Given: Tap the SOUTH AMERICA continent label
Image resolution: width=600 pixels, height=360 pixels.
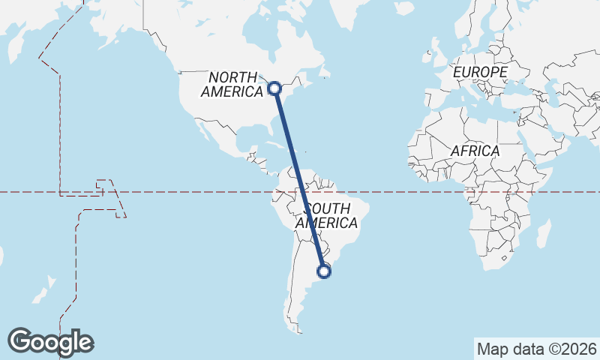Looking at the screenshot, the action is click(327, 215).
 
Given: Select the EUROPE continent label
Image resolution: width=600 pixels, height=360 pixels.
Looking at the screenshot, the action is click(481, 72).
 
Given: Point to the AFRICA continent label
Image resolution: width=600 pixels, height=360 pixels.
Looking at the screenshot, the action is click(475, 151).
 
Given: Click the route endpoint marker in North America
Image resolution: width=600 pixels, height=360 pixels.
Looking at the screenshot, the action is click(275, 88).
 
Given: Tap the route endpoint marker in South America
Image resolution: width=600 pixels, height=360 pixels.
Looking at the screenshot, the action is click(324, 271).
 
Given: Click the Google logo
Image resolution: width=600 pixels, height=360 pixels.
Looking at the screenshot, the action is click(50, 341).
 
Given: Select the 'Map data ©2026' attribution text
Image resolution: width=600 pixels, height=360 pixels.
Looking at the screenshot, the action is click(536, 349).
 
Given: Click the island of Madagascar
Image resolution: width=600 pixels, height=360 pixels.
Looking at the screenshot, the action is click(543, 233).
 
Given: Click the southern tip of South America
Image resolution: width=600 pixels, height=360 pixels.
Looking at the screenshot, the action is click(298, 329).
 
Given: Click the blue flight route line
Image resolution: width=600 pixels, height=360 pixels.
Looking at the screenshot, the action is click(299, 180).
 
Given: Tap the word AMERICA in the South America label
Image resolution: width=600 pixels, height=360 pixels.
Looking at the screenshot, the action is click(327, 223).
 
